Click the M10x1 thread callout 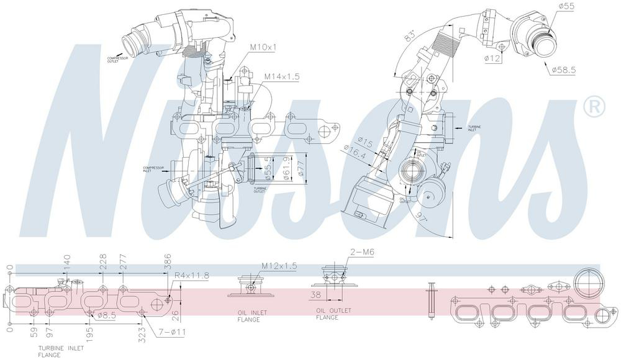(x=263, y=47)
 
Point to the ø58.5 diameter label (x=564, y=70)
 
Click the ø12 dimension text (x=494, y=58)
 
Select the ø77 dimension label (x=301, y=168)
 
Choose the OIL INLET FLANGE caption (x=252, y=317)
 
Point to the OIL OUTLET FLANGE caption (x=333, y=313)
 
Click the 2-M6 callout (x=361, y=251)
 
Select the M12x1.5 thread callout (x=279, y=266)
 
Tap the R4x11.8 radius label (x=192, y=275)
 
